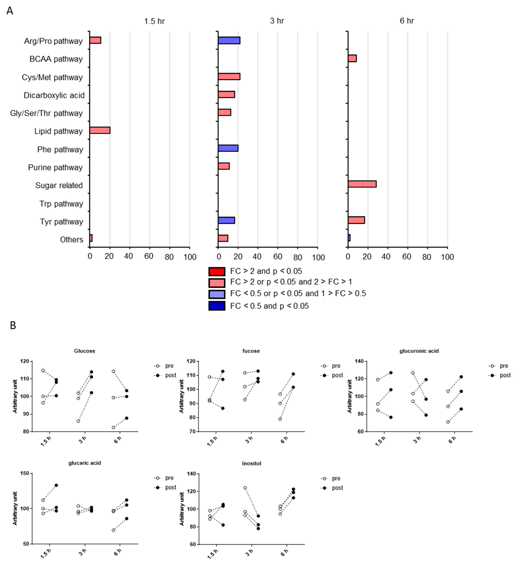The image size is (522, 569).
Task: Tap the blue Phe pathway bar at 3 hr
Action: click(x=228, y=148)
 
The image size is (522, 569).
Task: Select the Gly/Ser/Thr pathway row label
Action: click(x=46, y=113)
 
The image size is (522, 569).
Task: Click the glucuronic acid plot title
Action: click(x=419, y=351)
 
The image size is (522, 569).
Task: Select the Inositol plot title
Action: click(x=251, y=463)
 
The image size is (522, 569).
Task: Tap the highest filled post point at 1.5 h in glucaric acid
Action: click(x=56, y=485)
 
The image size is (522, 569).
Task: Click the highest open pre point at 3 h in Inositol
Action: click(x=245, y=488)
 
